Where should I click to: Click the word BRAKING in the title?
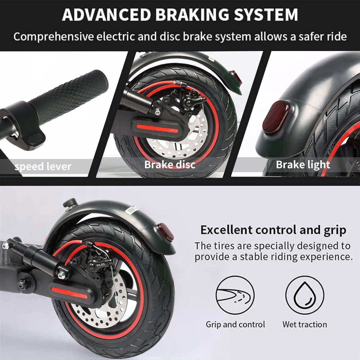coord(192,14)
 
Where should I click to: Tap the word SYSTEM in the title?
coord(266,14)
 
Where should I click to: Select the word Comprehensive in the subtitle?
coord(53,37)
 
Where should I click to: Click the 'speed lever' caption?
coord(43,166)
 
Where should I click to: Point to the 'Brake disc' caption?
coord(170,165)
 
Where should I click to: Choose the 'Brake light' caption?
coord(303,165)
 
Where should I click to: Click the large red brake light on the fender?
coord(277,117)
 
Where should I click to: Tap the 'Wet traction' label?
coord(305,325)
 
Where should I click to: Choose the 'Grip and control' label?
coord(235,325)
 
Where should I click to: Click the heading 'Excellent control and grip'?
coord(273,230)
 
